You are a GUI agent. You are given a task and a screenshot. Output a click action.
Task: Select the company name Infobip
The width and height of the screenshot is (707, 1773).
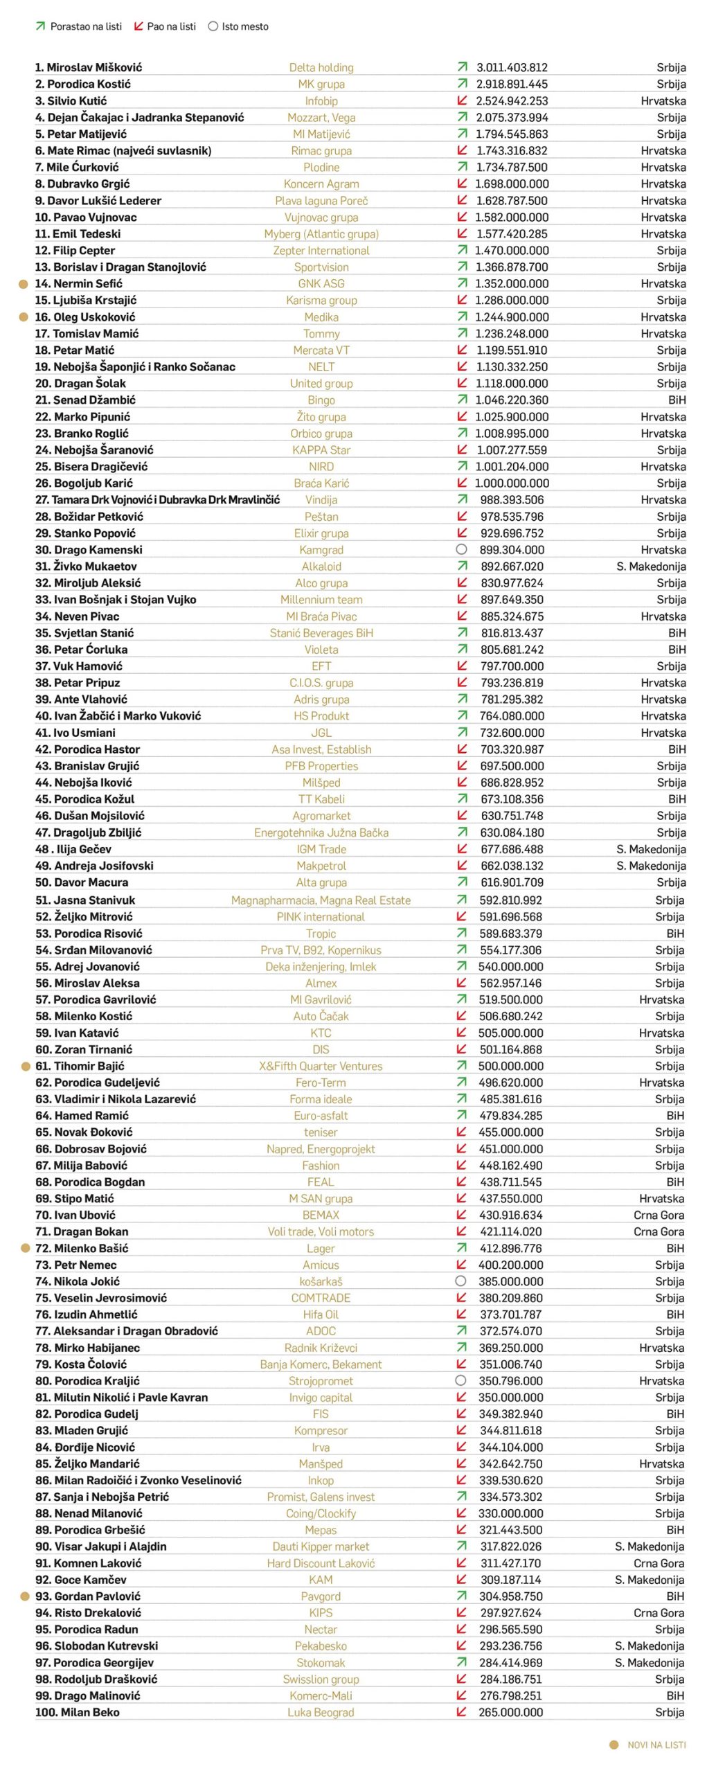(x=321, y=100)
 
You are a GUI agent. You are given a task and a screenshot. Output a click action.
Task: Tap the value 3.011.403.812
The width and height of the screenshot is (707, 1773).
(x=512, y=67)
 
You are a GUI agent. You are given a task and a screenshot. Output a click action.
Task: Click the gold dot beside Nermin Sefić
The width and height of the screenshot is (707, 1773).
(x=24, y=283)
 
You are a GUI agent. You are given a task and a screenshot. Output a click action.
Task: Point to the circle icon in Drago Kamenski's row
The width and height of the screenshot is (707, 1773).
(x=462, y=549)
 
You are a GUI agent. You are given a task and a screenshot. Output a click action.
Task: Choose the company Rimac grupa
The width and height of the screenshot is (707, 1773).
(x=321, y=150)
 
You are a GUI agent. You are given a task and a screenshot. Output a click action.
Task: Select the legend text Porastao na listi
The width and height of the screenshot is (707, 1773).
(x=86, y=26)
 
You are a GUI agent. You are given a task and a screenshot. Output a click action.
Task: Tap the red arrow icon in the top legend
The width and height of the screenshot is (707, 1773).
(x=138, y=26)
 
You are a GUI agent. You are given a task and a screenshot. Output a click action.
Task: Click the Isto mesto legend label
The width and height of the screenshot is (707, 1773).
(x=245, y=26)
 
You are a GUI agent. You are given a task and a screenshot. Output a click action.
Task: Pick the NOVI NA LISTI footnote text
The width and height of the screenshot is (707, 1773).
(x=656, y=1744)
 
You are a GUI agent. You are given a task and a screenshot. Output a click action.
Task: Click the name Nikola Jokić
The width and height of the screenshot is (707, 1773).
(x=78, y=1281)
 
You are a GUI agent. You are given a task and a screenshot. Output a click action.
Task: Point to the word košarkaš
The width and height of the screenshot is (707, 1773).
(x=321, y=1281)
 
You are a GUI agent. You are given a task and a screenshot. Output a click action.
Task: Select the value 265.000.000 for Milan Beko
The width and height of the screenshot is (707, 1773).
(x=510, y=1711)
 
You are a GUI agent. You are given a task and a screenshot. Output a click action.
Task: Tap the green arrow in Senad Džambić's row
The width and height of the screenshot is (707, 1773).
(x=462, y=400)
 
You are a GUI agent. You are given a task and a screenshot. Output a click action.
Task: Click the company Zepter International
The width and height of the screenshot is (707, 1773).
(x=321, y=250)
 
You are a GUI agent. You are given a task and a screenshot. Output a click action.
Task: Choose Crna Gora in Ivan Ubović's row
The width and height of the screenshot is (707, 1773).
(x=659, y=1214)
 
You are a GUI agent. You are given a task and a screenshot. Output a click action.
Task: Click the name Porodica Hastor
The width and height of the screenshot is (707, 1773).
(x=87, y=749)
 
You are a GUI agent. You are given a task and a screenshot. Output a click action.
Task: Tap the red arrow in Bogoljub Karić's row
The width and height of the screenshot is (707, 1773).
(x=462, y=483)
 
